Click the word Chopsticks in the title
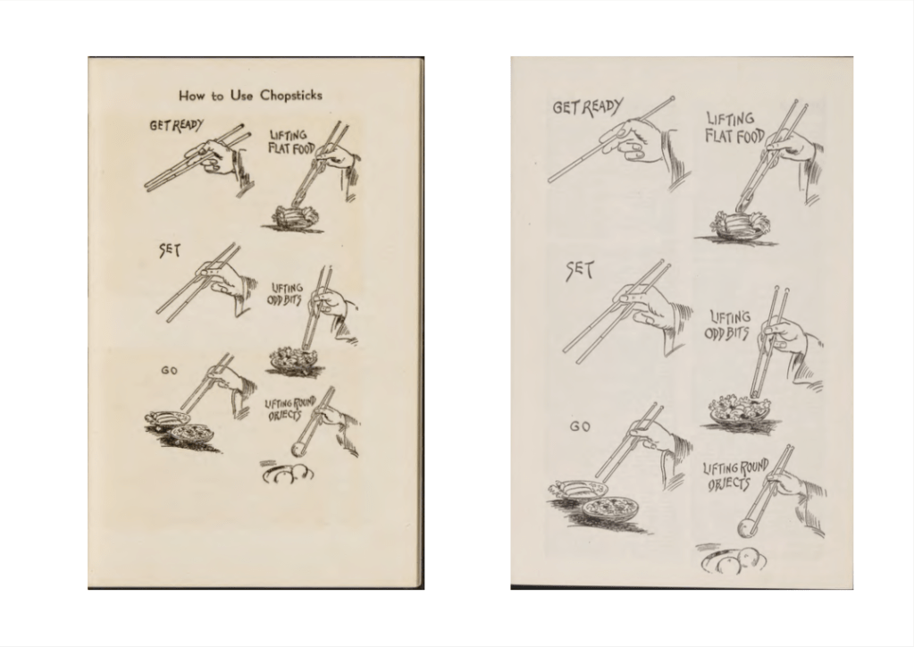click(291, 96)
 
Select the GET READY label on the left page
click(176, 125)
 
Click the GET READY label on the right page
click(588, 107)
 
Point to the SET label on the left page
click(170, 250)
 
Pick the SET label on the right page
click(580, 271)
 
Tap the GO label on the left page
click(169, 371)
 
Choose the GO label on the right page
click(580, 426)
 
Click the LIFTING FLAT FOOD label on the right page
click(734, 128)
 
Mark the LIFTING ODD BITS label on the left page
click(285, 294)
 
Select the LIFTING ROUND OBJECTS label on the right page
click(735, 475)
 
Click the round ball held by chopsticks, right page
click(747, 529)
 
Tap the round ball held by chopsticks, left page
click(298, 450)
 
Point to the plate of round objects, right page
click(734, 561)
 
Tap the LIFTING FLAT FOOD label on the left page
click(289, 141)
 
